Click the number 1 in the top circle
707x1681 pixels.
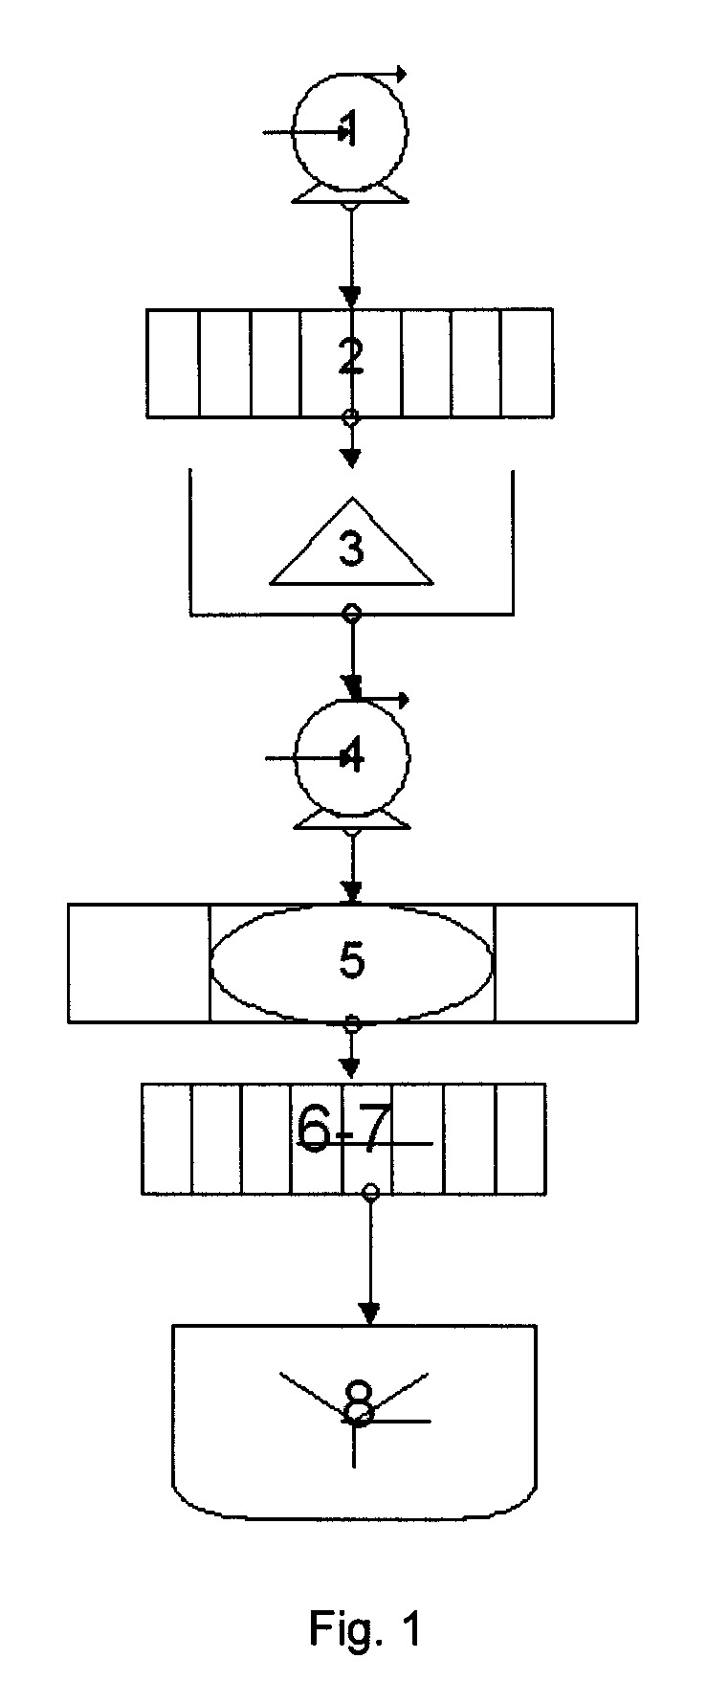point(350,128)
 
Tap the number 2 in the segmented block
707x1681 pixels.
point(351,357)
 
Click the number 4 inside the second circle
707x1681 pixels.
point(352,758)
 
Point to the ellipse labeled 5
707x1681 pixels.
point(352,962)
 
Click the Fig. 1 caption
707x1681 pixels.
point(365,1628)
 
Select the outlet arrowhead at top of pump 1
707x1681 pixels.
point(400,73)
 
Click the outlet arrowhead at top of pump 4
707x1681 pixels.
point(402,700)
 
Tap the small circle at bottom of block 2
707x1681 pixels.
point(351,417)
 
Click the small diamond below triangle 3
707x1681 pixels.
point(352,614)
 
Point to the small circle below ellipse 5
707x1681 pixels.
point(352,1024)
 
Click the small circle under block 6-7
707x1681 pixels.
point(372,1192)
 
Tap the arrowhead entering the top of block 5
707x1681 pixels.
point(352,894)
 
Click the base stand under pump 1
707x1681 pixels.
point(350,193)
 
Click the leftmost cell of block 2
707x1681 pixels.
point(174,363)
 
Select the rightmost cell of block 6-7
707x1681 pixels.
point(520,1138)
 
